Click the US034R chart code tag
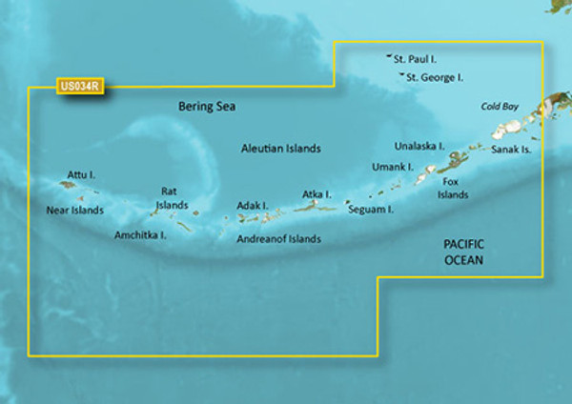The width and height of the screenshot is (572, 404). click(80, 87)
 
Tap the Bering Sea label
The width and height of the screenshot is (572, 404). click(206, 108)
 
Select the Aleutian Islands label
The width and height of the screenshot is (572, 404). click(279, 150)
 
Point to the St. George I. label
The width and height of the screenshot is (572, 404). click(434, 77)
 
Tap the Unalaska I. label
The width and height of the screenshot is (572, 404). click(419, 146)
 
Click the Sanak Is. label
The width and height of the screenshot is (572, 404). click(511, 150)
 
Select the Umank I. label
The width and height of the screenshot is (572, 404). click(392, 167)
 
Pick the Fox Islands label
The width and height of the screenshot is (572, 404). click(453, 188)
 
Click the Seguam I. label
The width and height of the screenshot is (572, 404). click(371, 209)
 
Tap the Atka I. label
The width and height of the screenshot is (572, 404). click(317, 194)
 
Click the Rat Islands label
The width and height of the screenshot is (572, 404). click(173, 197)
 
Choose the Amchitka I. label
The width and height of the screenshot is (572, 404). click(140, 234)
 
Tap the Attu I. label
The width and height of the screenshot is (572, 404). click(82, 175)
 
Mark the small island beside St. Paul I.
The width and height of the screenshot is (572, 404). click(390, 57)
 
